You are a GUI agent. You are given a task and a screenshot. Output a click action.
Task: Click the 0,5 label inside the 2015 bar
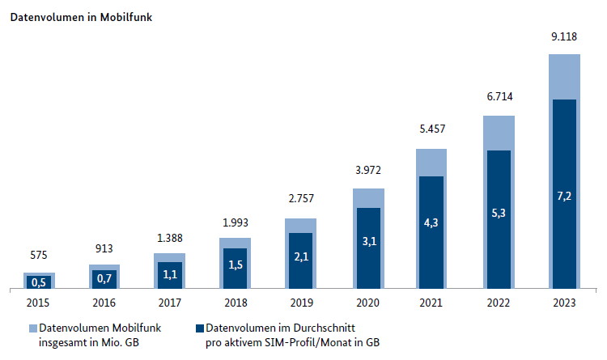click(x=37, y=282)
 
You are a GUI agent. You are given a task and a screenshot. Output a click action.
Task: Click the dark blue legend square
click(x=199, y=328)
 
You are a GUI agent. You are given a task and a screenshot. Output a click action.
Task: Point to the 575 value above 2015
click(x=37, y=256)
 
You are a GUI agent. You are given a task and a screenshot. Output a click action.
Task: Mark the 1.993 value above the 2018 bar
click(x=235, y=221)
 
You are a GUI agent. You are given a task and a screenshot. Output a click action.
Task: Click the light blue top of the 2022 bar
click(x=499, y=133)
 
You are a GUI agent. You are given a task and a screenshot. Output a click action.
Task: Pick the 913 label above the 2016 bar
click(x=104, y=248)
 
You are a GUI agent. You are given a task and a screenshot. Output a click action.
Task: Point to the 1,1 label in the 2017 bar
click(x=169, y=274)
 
